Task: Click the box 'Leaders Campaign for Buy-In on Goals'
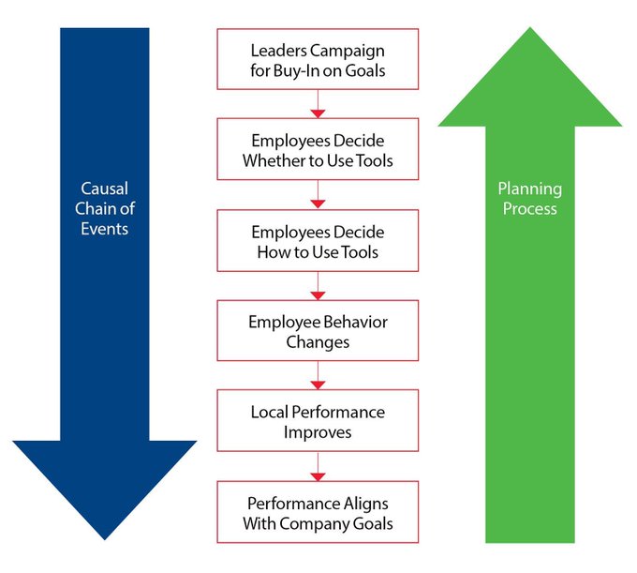[x=318, y=58]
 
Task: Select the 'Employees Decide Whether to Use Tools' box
[x=318, y=149]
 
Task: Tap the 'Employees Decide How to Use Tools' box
[x=318, y=241]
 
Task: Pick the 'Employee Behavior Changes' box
[x=318, y=331]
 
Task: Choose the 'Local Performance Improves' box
[x=318, y=422]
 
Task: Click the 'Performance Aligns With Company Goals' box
[x=318, y=512]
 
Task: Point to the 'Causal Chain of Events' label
[x=105, y=208]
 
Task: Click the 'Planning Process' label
[x=529, y=198]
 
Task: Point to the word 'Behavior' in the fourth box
[x=351, y=322]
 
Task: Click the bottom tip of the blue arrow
[x=105, y=537]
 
